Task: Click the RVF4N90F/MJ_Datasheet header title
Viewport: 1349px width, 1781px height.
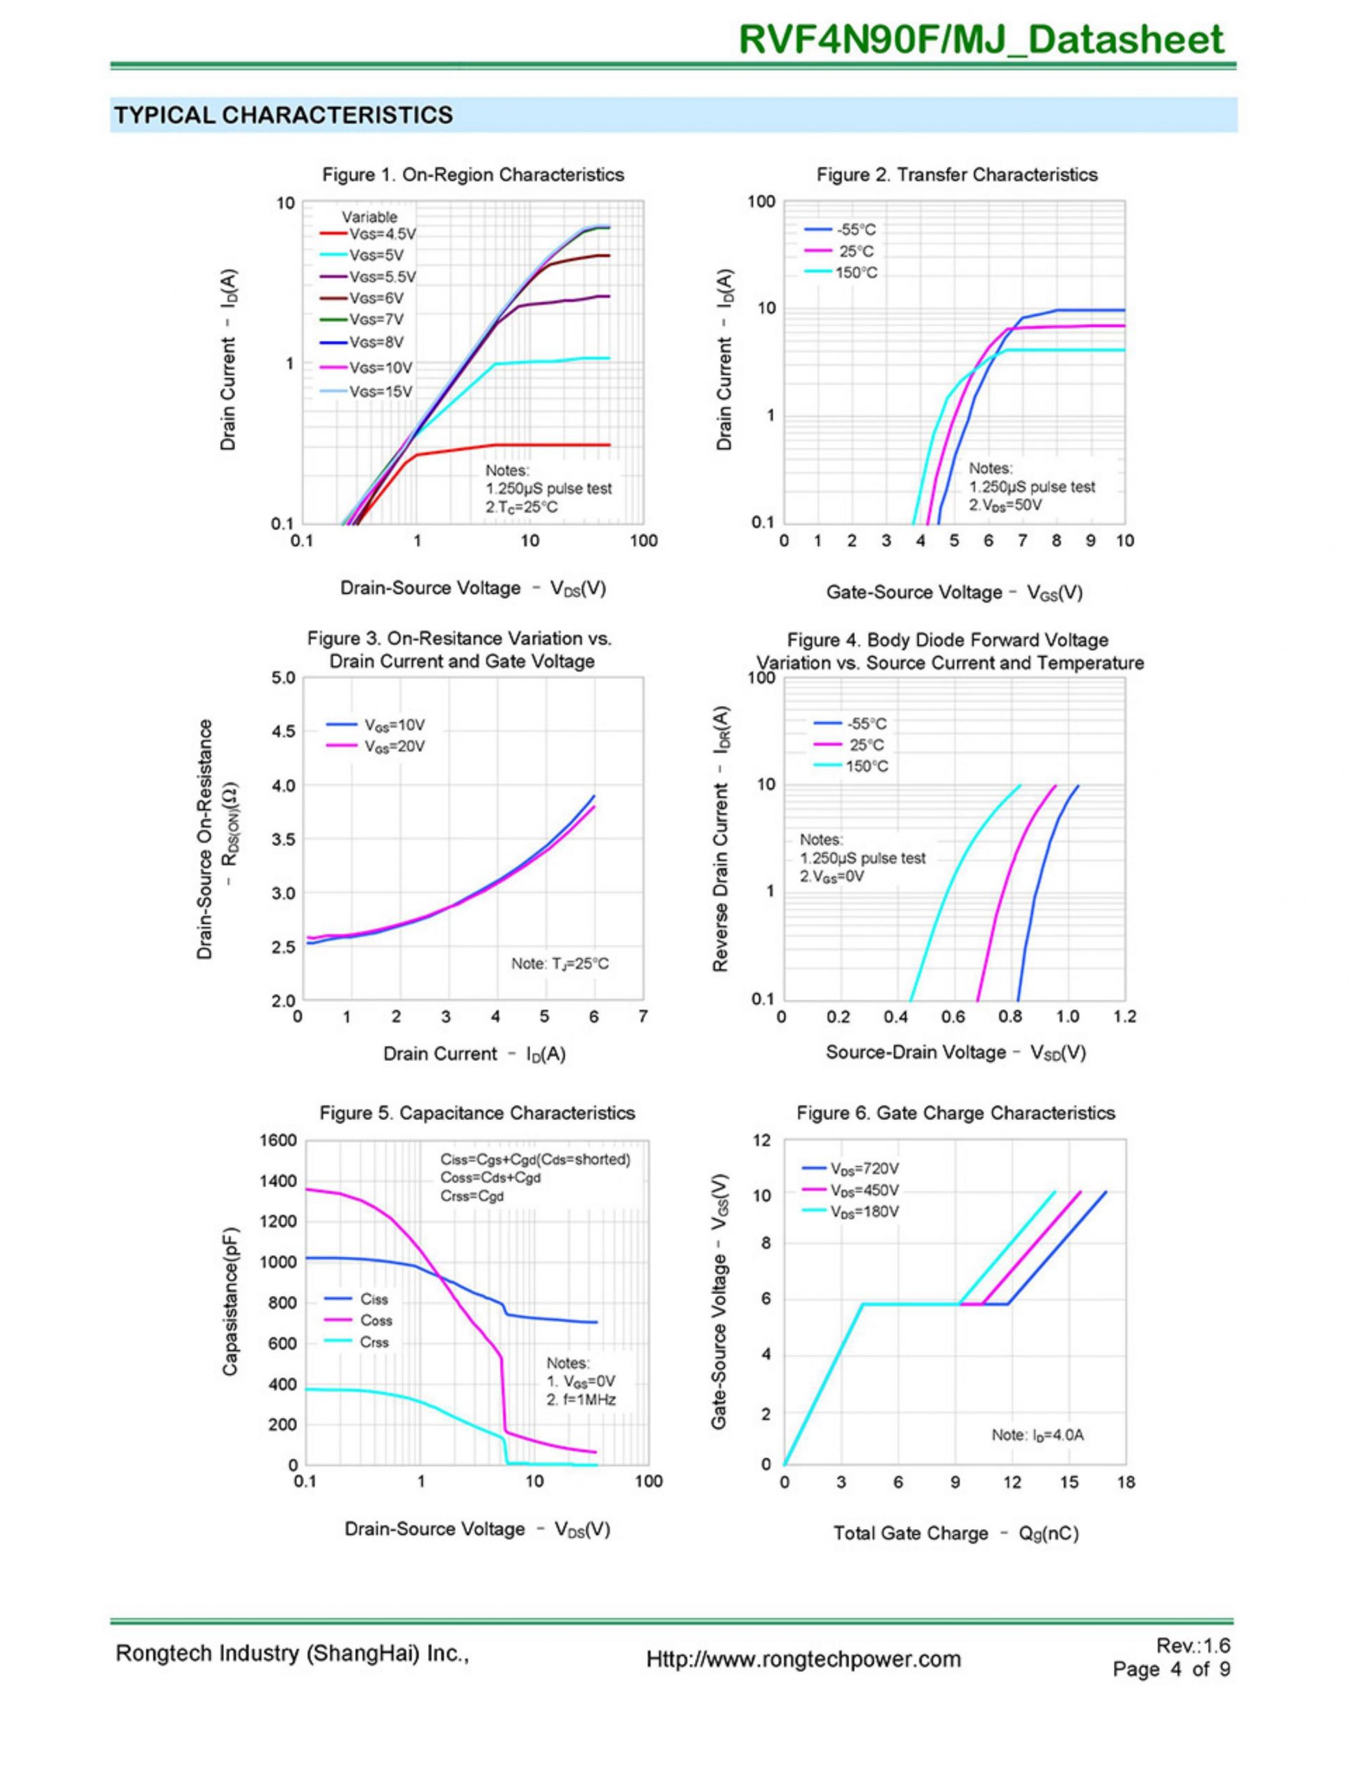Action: tap(981, 40)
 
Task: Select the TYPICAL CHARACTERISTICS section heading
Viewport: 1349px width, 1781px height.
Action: tap(282, 115)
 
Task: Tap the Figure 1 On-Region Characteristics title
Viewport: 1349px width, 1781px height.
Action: tap(473, 175)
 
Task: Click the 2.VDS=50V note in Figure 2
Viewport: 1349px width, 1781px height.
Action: tap(1005, 505)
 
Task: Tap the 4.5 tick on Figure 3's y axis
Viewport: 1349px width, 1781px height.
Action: tap(283, 731)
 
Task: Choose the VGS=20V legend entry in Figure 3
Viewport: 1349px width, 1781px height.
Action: tap(394, 746)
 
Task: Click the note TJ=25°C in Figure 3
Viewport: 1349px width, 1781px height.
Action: tap(560, 964)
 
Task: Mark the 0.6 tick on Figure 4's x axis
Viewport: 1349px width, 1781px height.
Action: tap(952, 1017)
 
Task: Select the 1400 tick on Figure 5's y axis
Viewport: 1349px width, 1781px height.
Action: tap(278, 1181)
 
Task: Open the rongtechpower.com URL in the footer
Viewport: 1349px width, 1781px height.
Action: tap(803, 1660)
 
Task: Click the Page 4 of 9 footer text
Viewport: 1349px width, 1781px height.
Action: tap(1171, 1669)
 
